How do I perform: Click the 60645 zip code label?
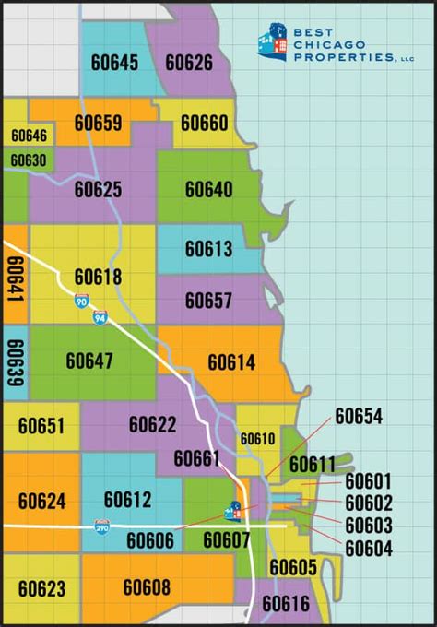click(115, 63)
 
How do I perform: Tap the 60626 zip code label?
click(189, 63)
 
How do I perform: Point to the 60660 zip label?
click(204, 123)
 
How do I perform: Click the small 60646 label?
click(29, 136)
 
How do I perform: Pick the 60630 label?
click(29, 160)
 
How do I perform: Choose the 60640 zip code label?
click(208, 189)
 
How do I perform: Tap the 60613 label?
click(208, 248)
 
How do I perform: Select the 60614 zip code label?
click(231, 362)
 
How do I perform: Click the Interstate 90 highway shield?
click(82, 301)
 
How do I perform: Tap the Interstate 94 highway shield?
click(100, 318)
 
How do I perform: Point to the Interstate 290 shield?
click(102, 526)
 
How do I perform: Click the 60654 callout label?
click(359, 416)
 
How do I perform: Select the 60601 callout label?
click(369, 481)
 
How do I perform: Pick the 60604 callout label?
click(369, 550)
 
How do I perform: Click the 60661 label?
click(196, 458)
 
